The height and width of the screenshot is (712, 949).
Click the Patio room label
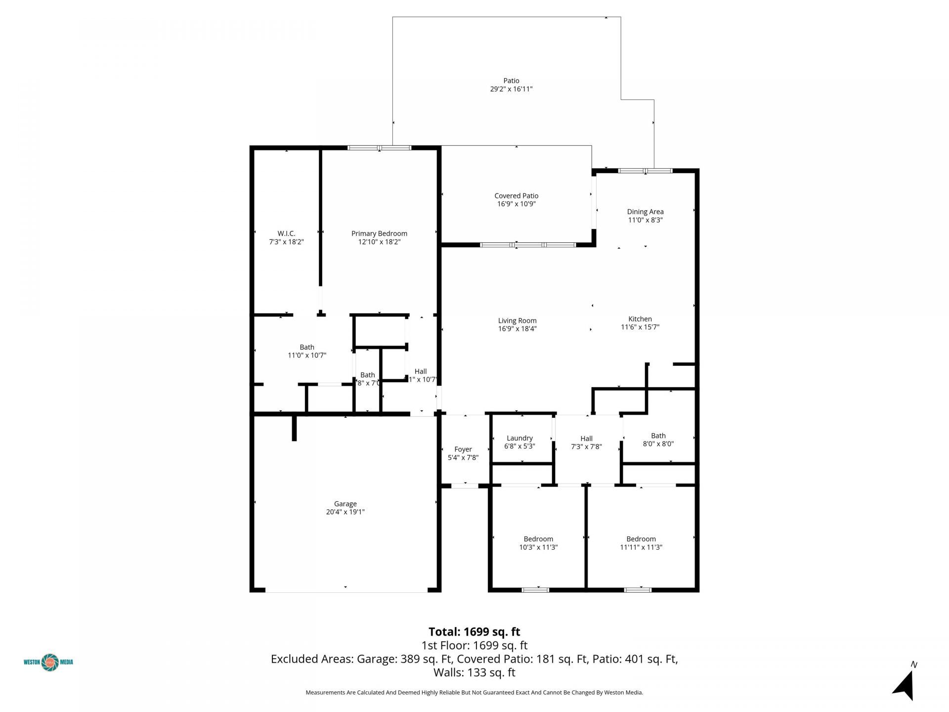coord(511,81)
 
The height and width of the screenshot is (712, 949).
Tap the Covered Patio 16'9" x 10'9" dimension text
coord(516,204)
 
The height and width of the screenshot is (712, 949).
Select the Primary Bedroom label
coord(379,233)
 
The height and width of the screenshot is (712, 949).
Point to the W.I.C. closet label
coord(286,233)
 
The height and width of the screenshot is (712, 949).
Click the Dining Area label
coord(645,212)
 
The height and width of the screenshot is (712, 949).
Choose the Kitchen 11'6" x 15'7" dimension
coord(640,327)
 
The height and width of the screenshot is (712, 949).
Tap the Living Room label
coord(517,320)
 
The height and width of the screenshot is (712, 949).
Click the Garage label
coord(345,504)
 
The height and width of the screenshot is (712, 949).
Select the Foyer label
coord(463,449)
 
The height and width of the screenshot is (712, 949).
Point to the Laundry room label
coord(519,438)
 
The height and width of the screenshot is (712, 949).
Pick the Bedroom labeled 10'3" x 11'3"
coord(538,543)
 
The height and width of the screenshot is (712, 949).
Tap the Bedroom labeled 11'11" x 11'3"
coord(641,543)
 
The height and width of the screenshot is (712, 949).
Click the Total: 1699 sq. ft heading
coord(474,631)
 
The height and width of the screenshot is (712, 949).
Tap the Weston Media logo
coord(48,662)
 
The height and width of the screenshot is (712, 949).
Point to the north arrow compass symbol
coord(905,685)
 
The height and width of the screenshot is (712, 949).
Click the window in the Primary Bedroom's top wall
coord(379,147)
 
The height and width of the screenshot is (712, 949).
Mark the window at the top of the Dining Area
coord(645,171)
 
